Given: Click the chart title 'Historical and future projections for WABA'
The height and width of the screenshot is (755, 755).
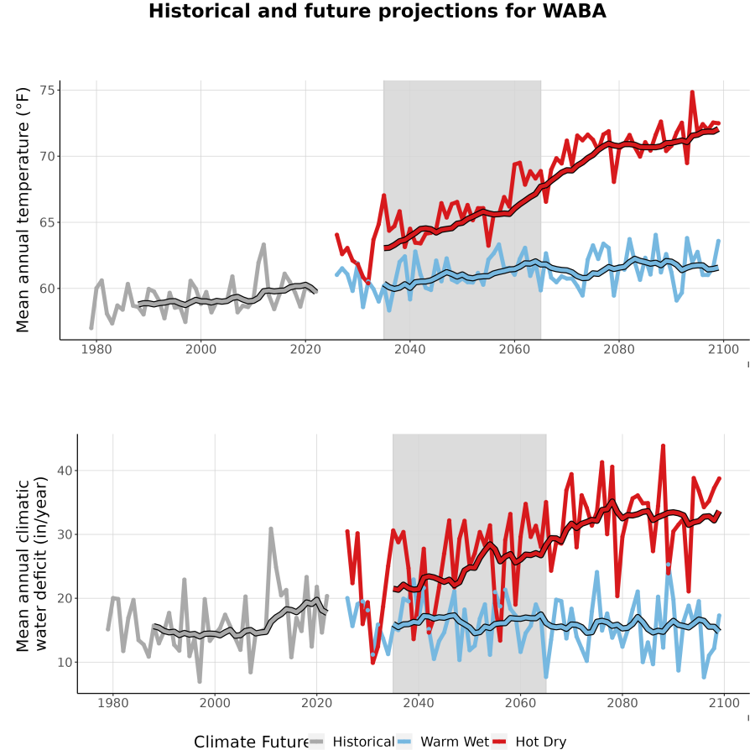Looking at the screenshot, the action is [x=377, y=11].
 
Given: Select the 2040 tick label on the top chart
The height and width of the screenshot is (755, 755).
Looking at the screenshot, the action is [x=409, y=349].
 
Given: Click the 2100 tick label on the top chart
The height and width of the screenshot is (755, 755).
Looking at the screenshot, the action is [x=723, y=349].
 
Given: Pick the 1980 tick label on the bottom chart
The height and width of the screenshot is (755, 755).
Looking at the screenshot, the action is [x=113, y=703].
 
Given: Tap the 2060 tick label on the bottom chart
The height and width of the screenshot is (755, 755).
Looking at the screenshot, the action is [x=520, y=703].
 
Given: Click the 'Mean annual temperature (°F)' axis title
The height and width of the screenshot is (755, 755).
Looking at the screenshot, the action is [x=23, y=210].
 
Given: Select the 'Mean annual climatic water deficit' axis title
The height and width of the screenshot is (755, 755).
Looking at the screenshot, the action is [x=31, y=565].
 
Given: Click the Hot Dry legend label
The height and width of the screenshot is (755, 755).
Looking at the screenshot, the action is [x=541, y=742].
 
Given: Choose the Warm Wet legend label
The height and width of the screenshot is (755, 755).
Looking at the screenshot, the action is [x=455, y=742].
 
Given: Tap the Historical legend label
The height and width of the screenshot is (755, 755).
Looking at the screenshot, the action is [x=363, y=742].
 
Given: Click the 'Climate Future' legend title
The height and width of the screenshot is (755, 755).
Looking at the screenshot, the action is [x=252, y=742].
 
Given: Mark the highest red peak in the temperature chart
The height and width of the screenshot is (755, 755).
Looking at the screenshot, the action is [x=692, y=92].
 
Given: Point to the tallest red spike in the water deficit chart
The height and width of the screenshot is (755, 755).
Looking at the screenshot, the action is [x=663, y=446].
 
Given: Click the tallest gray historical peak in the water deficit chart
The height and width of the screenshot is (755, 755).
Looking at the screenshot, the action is [x=271, y=528].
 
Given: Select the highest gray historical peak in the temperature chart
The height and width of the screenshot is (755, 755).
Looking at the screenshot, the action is [x=263, y=245].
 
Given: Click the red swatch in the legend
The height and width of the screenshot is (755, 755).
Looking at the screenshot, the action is [x=499, y=742].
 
